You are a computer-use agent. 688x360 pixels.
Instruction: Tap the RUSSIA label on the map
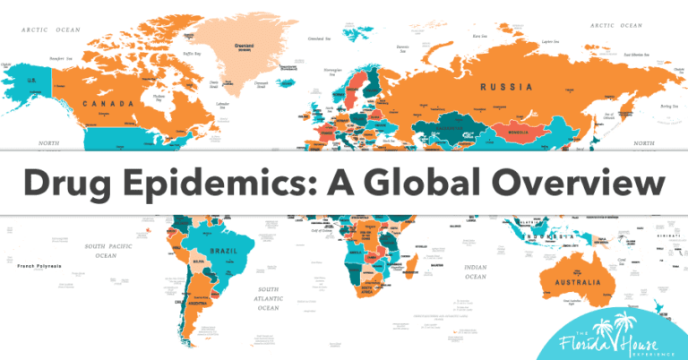tap(506, 87)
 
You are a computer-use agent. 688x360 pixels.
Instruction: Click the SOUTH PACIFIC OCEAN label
tap(107, 250)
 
